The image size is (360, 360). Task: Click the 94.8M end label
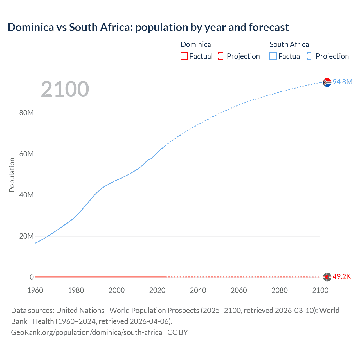pyautogui.click(x=342, y=82)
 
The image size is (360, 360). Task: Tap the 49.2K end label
pyautogui.click(x=342, y=277)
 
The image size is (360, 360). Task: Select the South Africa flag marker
pyautogui.click(x=327, y=82)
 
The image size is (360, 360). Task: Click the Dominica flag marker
pyautogui.click(x=327, y=277)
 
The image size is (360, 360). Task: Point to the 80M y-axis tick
pyautogui.click(x=26, y=113)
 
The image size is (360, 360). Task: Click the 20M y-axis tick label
pyautogui.click(x=26, y=236)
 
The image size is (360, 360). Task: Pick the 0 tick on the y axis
pyautogui.click(x=31, y=277)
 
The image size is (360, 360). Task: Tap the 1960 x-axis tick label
pyautogui.click(x=35, y=290)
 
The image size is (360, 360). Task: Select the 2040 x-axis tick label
pyautogui.click(x=198, y=290)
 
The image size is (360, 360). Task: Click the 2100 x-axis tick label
pyautogui.click(x=320, y=290)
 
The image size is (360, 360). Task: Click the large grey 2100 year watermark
pyautogui.click(x=65, y=89)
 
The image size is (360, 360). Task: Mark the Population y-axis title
pyautogui.click(x=12, y=175)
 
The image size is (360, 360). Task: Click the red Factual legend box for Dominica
pyautogui.click(x=184, y=56)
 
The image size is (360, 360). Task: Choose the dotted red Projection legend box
pyautogui.click(x=222, y=56)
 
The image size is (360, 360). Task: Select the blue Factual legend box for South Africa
pyautogui.click(x=273, y=56)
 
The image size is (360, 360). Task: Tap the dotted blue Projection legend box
pyautogui.click(x=310, y=56)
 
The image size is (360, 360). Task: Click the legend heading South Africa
pyautogui.click(x=289, y=44)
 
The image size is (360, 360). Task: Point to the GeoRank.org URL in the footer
pyautogui.click(x=86, y=332)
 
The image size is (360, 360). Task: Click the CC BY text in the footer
pyautogui.click(x=178, y=332)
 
